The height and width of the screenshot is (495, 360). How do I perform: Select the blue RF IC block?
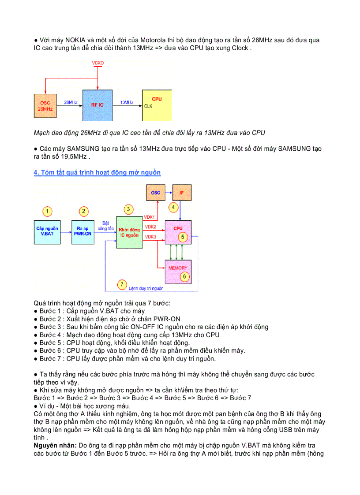(x=98, y=105)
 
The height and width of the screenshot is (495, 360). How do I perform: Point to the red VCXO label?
(x=98, y=63)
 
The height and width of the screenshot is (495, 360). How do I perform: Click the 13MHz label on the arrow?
(x=127, y=102)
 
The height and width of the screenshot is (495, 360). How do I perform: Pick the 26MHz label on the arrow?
(x=71, y=102)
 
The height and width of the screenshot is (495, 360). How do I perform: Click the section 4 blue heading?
(x=97, y=172)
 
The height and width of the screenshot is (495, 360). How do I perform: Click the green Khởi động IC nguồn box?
(x=130, y=232)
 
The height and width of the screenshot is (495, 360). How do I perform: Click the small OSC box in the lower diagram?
(x=155, y=193)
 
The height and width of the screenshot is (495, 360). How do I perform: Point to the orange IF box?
(x=182, y=193)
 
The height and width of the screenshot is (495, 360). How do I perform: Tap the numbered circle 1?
(x=48, y=212)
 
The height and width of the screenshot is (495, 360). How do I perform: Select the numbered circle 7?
(x=122, y=285)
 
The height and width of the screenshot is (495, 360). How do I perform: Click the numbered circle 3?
(x=128, y=209)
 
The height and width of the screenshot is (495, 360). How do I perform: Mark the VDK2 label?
(x=150, y=227)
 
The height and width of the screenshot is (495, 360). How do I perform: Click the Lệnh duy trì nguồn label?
(x=146, y=288)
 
